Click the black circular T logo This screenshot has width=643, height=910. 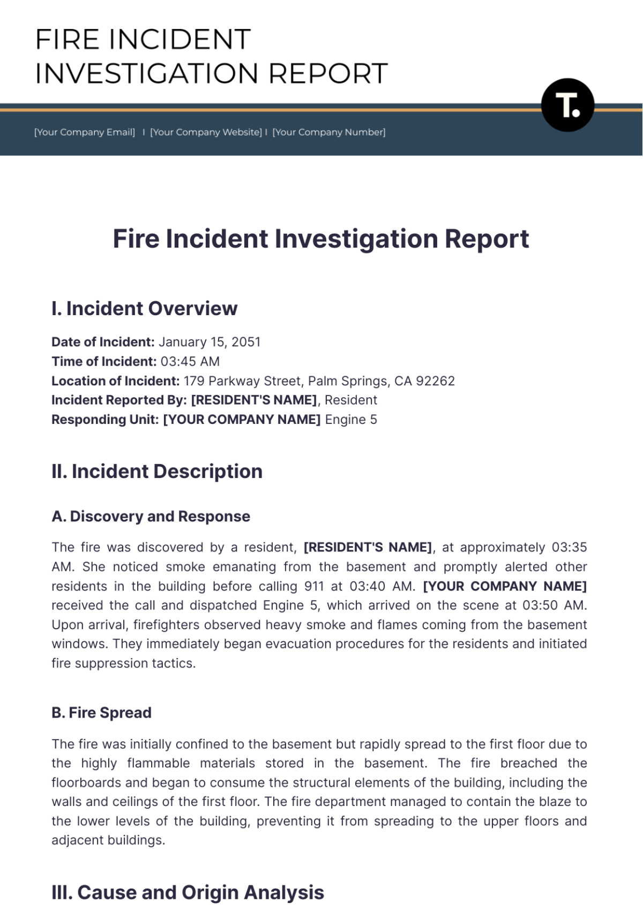(567, 105)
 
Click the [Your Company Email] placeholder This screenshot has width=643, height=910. (85, 132)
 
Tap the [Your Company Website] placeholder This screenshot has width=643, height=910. (206, 132)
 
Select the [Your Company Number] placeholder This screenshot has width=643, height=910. (329, 132)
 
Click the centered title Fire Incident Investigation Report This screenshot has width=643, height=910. (321, 238)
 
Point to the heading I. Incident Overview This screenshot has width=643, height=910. (144, 309)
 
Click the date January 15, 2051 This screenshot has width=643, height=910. (210, 342)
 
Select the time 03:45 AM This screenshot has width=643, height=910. (190, 361)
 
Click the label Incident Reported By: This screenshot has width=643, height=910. (119, 400)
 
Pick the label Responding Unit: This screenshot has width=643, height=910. (105, 420)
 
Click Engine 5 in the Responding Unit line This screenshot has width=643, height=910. (351, 420)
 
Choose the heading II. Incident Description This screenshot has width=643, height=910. (157, 472)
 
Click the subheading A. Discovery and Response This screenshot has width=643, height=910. (151, 517)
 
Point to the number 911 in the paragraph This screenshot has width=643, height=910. (314, 586)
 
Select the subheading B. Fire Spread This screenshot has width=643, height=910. (101, 713)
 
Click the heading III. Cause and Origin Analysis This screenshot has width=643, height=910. (188, 893)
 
